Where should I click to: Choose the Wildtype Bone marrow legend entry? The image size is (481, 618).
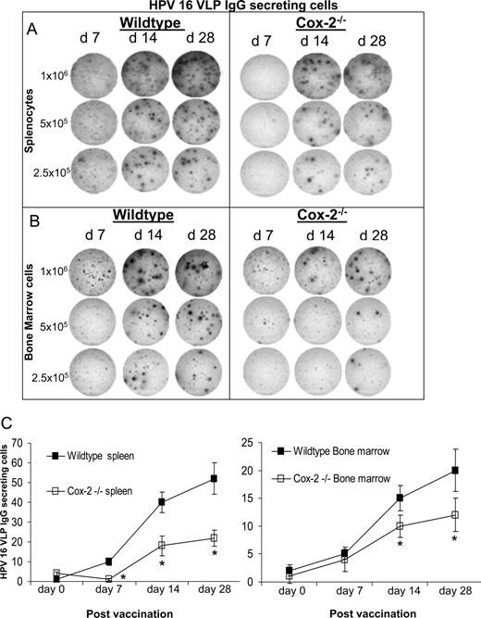pyautogui.click(x=333, y=450)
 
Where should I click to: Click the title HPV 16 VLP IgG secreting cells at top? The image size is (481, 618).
pyautogui.click(x=241, y=6)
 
